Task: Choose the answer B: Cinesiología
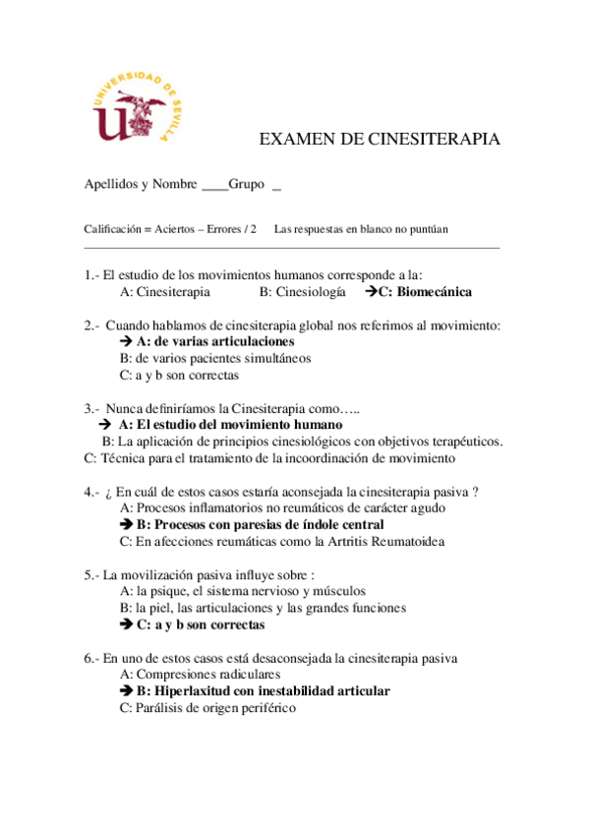point(303,292)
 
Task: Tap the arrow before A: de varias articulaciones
point(126,341)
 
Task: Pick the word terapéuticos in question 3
point(466,441)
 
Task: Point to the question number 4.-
point(92,491)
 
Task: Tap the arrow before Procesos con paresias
point(126,524)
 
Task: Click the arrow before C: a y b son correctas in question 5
point(126,625)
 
